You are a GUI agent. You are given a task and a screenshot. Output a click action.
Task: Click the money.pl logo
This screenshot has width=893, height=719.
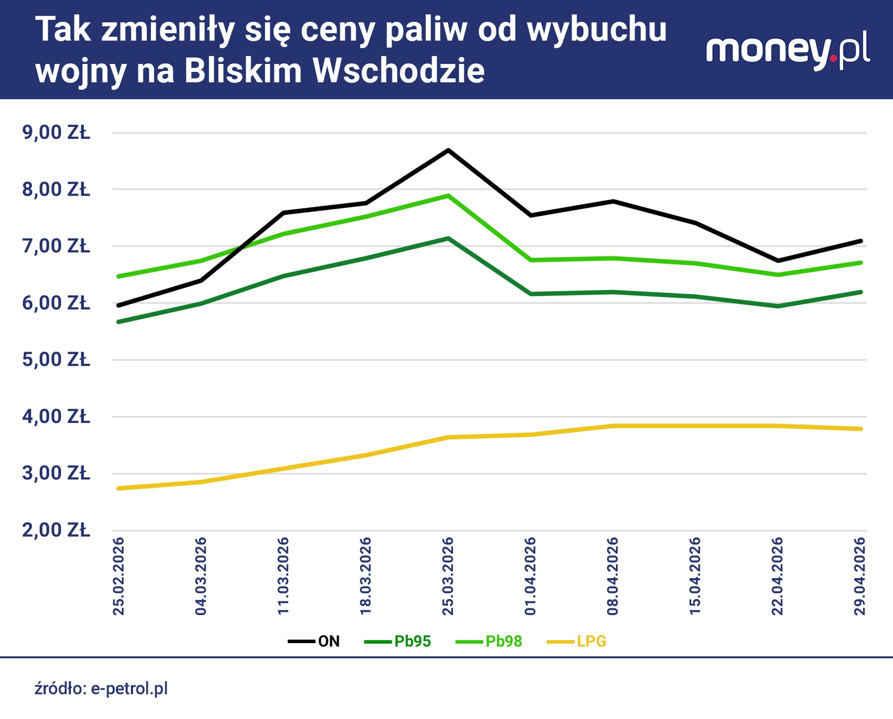click(x=788, y=50)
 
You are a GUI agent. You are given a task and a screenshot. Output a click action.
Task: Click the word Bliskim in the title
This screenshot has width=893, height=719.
click(x=243, y=70)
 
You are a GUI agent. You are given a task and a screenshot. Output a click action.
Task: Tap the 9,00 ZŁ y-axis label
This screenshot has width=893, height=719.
click(x=56, y=133)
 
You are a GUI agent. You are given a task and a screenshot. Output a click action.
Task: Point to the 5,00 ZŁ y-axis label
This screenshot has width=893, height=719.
click(x=56, y=359)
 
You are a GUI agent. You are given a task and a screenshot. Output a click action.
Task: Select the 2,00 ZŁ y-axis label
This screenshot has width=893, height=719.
click(x=56, y=530)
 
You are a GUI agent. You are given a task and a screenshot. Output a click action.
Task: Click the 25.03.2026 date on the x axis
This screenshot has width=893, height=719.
click(x=448, y=576)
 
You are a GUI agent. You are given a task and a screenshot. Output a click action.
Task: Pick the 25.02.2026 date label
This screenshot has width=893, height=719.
click(x=118, y=576)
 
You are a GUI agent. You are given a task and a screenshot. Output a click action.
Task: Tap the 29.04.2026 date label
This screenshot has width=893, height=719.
click(x=860, y=576)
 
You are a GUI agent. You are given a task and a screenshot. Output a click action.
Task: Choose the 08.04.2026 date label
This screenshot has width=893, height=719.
click(x=613, y=576)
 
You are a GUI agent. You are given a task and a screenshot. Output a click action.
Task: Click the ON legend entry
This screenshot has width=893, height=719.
click(x=315, y=641)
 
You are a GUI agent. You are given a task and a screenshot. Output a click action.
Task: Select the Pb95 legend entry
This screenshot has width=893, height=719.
click(x=398, y=641)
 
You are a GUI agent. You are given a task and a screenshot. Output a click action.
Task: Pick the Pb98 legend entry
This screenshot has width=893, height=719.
click(x=489, y=641)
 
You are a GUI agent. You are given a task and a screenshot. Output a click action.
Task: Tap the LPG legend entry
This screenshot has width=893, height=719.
click(x=577, y=641)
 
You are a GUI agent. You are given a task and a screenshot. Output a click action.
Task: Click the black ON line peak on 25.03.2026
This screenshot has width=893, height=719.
click(x=448, y=150)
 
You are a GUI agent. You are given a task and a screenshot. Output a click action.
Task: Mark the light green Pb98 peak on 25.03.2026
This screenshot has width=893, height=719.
click(x=448, y=196)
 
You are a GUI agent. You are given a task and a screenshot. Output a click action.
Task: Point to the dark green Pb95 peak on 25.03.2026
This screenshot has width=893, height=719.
click(x=448, y=239)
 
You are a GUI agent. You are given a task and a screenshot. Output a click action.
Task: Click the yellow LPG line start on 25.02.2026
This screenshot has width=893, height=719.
click(x=119, y=488)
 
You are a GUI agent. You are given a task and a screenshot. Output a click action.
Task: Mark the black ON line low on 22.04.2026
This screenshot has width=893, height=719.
click(x=778, y=261)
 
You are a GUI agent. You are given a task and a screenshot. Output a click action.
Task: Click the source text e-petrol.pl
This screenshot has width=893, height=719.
click(x=129, y=689)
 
